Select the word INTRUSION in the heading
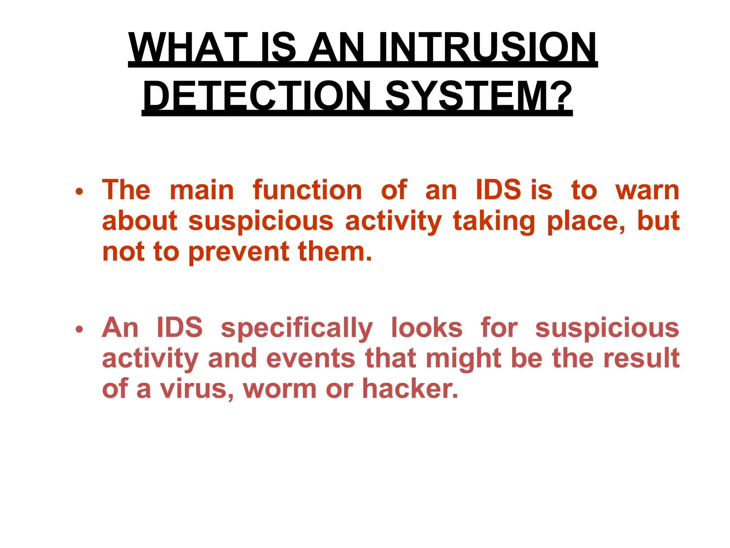pos(488,48)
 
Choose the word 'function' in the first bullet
pos(307,190)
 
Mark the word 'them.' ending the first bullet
pos(335,252)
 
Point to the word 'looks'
pos(427,328)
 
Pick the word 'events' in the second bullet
pos(310,359)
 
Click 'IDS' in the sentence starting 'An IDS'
pos(180,328)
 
